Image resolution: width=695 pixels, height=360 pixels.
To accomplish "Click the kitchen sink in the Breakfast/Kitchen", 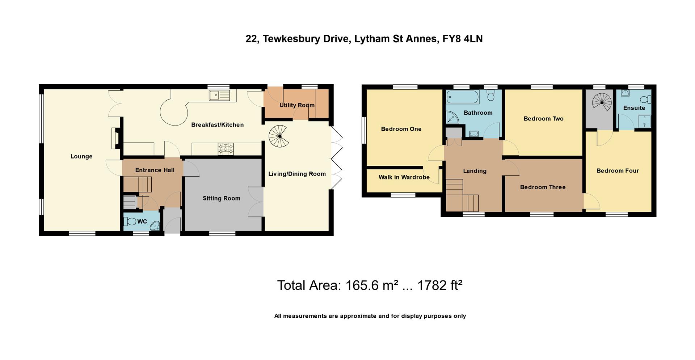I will click(219, 96).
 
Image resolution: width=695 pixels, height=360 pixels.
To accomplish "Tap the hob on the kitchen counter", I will click(226, 148).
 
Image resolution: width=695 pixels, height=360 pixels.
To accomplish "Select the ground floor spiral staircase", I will click(278, 136).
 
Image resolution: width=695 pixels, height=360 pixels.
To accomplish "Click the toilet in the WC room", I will click(130, 221).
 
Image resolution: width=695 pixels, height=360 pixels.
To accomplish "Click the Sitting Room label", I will click(221, 198).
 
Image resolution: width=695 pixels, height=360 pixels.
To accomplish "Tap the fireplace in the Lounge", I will click(115, 138).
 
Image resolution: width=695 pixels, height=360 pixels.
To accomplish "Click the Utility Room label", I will click(297, 105).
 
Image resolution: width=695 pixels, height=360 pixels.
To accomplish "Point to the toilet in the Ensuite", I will click(645, 99).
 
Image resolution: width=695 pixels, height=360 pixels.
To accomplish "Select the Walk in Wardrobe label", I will click(404, 177).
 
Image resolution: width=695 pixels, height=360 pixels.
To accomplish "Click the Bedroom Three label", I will click(543, 187).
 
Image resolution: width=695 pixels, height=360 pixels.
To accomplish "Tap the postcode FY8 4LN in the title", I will click(462, 39).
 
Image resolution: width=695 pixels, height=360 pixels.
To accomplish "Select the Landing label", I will click(475, 171).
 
